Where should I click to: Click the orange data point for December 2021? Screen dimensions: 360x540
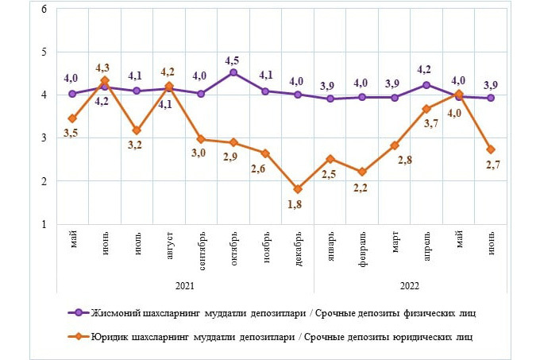click(298, 189)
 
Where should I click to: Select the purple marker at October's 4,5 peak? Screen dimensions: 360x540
click(233, 72)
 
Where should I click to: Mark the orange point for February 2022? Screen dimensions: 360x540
click(362, 172)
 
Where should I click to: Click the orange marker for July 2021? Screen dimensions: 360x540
click(137, 130)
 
